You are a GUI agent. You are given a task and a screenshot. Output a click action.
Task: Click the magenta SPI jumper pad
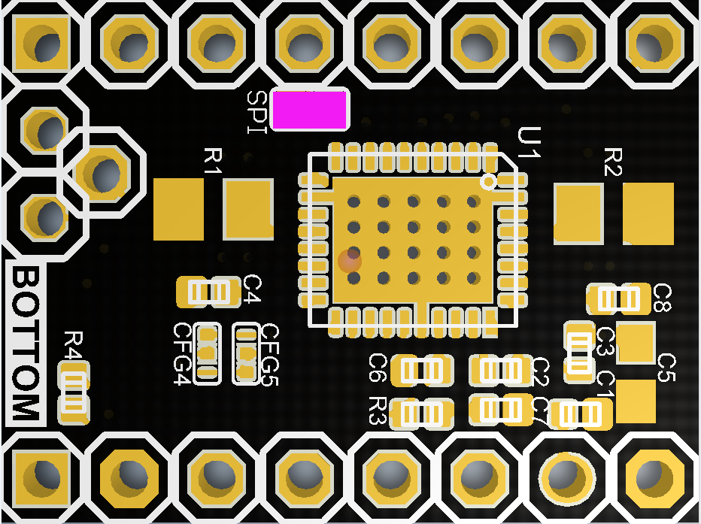[x=310, y=110]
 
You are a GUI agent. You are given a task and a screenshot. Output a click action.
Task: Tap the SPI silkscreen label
[x=257, y=112]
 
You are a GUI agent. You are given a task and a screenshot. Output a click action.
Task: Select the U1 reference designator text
[x=530, y=142]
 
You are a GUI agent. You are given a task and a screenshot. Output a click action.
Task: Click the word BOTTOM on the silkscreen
[x=26, y=344]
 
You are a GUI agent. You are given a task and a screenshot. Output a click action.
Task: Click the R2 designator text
[x=614, y=162]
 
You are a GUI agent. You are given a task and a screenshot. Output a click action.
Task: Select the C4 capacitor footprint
[x=203, y=291]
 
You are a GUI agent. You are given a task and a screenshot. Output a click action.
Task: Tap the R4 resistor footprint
[x=74, y=391]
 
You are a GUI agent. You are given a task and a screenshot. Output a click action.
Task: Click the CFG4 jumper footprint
[x=208, y=353]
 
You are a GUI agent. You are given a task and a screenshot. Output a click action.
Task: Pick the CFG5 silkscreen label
[x=269, y=354]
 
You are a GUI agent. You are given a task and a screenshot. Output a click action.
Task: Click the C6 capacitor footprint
[x=422, y=369]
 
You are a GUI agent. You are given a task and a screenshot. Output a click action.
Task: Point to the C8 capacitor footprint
[x=618, y=298]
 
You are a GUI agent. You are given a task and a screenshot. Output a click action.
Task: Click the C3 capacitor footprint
[x=578, y=349]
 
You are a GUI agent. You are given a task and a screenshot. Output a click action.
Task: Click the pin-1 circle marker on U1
[x=489, y=181]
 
